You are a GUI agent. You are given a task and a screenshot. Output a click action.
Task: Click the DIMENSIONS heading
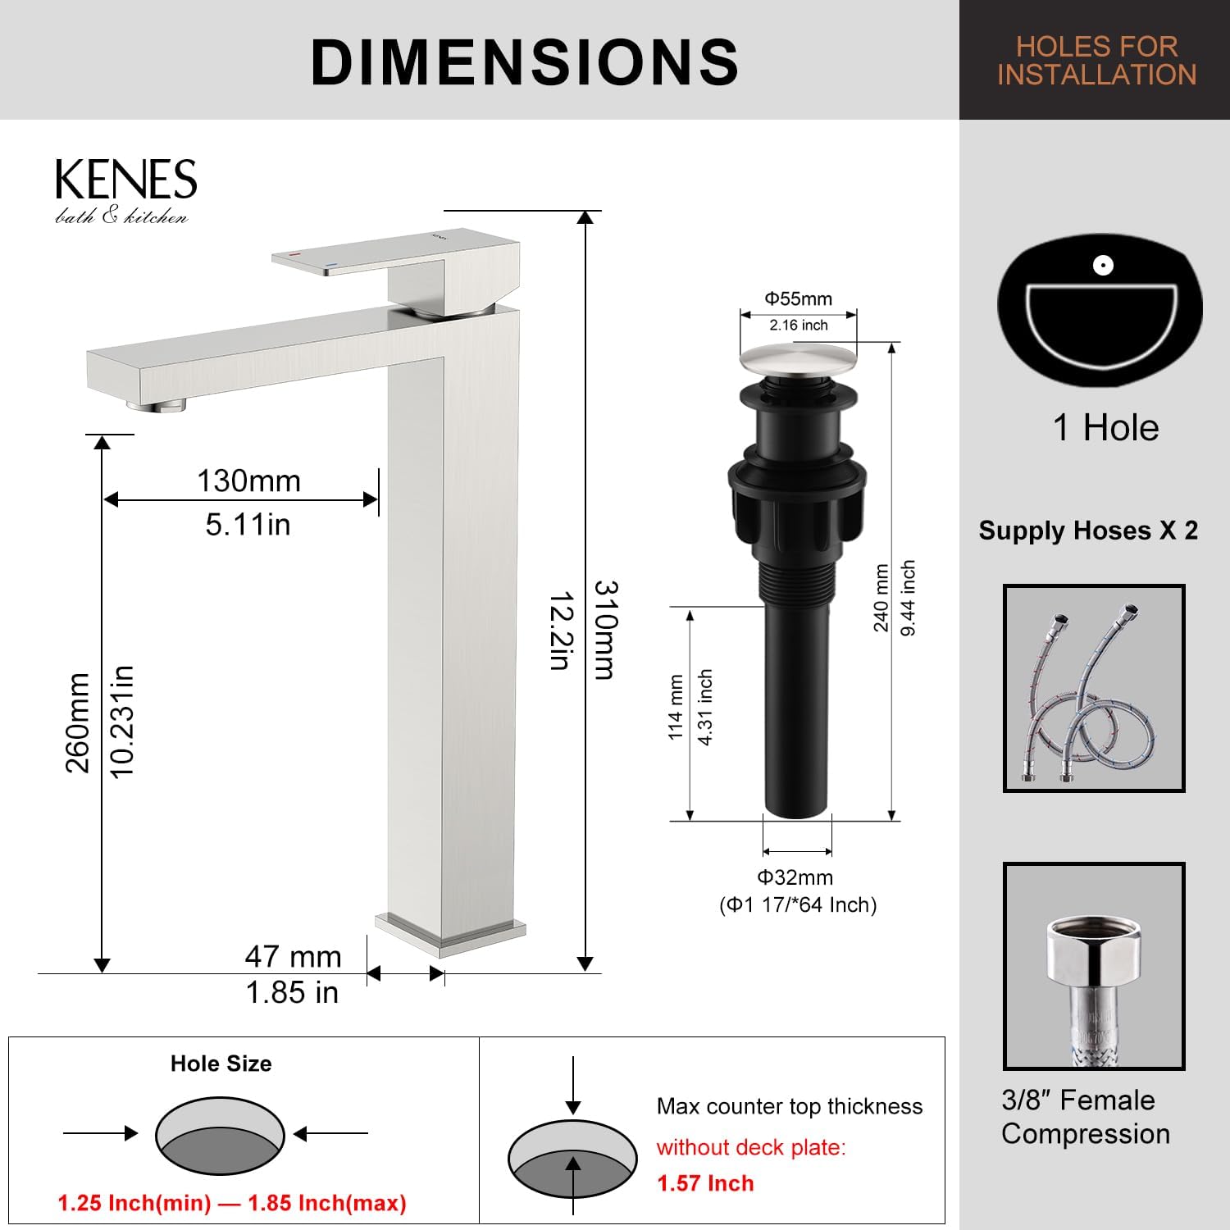(525, 61)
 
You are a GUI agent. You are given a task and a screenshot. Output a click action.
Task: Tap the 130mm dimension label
(248, 481)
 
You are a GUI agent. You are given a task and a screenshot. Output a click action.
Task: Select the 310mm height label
(604, 630)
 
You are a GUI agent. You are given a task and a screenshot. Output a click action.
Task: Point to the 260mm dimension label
(78, 722)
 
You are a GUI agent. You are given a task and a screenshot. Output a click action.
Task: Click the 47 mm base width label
(293, 956)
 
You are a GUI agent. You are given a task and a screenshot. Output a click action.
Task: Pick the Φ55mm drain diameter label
(798, 298)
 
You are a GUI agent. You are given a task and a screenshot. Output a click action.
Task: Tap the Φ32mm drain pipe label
(795, 877)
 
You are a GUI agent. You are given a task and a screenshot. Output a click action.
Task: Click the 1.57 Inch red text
(705, 1183)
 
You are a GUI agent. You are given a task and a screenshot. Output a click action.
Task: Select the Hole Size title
(221, 1064)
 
